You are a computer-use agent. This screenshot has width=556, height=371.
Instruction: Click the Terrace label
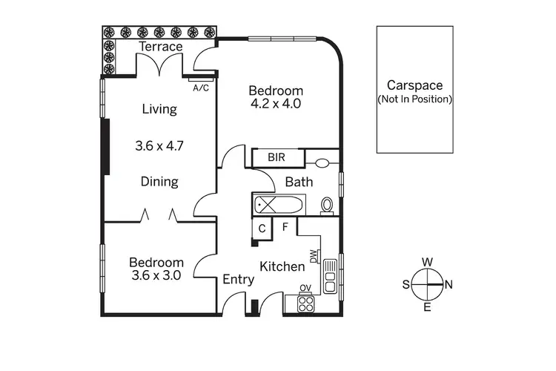click(162, 47)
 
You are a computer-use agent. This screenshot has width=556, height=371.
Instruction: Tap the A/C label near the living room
click(200, 88)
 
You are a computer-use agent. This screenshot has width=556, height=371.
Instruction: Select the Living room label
click(159, 110)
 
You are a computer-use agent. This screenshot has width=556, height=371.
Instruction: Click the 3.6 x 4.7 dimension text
click(159, 145)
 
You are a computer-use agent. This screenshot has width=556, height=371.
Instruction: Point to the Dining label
click(159, 182)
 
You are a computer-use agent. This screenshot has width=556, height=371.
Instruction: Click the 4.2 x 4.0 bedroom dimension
click(276, 104)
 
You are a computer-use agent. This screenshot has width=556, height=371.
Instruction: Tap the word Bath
click(299, 182)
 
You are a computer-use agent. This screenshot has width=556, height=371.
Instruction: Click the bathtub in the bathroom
click(278, 204)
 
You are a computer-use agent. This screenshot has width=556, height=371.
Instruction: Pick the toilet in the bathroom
click(326, 205)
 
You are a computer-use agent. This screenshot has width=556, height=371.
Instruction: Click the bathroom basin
click(322, 163)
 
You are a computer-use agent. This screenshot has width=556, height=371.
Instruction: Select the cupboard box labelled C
click(262, 229)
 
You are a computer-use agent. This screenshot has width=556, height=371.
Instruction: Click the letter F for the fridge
click(285, 226)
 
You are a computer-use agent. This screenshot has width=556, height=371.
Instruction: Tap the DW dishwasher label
click(314, 257)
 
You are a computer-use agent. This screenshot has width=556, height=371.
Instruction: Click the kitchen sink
click(331, 280)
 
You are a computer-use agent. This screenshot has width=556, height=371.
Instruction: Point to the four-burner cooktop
click(305, 303)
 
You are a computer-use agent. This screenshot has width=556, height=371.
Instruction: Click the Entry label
click(239, 280)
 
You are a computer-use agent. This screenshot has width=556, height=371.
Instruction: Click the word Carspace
click(415, 85)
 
